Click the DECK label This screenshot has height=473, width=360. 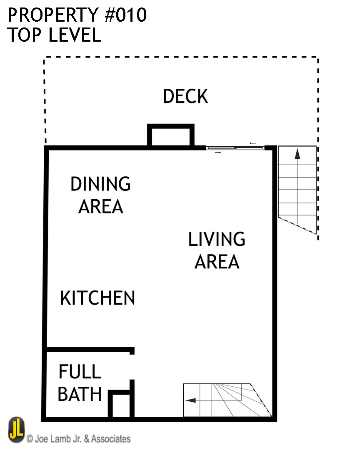[x=185, y=96]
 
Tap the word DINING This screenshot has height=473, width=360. [x=100, y=184]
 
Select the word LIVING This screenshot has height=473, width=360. [x=217, y=239]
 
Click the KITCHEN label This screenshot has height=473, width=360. [x=97, y=298]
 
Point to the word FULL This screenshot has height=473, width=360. [x=80, y=372]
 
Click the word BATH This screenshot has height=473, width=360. [x=80, y=394]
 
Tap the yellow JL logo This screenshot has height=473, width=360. [x=16, y=430]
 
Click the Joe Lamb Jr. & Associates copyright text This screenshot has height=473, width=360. [x=78, y=439]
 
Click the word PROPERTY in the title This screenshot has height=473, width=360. [x=51, y=15]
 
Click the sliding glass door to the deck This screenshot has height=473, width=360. [x=235, y=148]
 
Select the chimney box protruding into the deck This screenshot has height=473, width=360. [x=171, y=136]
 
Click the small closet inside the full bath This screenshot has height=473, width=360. [x=121, y=405]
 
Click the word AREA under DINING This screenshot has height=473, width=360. [x=101, y=207]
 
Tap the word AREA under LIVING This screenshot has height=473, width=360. [x=217, y=262]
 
